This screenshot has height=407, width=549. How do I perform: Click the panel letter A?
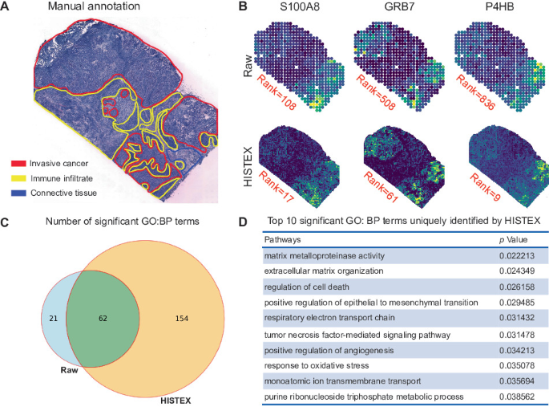6,7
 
